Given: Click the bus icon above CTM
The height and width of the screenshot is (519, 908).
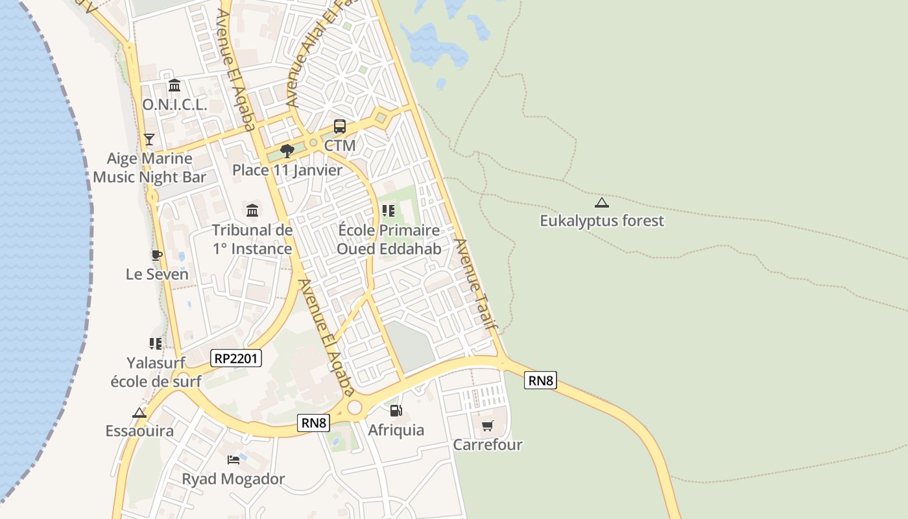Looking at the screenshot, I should (340, 127).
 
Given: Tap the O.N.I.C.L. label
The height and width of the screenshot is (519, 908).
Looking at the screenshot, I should (174, 104).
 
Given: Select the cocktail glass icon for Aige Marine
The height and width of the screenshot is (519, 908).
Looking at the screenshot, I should (149, 139).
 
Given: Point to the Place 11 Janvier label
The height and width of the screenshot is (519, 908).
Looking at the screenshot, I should (287, 170).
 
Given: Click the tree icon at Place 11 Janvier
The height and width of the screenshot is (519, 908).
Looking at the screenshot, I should (287, 151).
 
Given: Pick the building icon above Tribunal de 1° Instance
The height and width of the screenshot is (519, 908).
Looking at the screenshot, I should (252, 210).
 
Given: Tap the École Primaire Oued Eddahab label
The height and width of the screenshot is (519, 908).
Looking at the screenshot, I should (389, 239).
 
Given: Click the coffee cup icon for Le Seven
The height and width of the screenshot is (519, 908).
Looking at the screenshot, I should (156, 255).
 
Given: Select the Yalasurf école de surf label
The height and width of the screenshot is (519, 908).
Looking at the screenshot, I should (156, 372).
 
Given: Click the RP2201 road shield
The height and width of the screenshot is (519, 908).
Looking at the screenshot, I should (236, 358).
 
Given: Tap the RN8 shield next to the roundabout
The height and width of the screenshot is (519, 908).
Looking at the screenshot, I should (314, 423).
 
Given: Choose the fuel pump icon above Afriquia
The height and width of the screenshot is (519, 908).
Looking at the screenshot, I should (396, 411).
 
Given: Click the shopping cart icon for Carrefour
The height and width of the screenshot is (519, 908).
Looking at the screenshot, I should (488, 426).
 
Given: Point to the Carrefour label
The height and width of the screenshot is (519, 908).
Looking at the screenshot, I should (488, 445).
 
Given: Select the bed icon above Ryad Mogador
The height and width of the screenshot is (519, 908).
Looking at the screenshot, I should (233, 460).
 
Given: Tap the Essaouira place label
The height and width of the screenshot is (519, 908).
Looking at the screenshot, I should (139, 431).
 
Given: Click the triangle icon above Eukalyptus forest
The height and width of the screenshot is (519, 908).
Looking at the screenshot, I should (602, 202).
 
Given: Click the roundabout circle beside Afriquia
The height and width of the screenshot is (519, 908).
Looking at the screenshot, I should (354, 407).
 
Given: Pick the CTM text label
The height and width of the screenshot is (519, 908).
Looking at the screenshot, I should (340, 145).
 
